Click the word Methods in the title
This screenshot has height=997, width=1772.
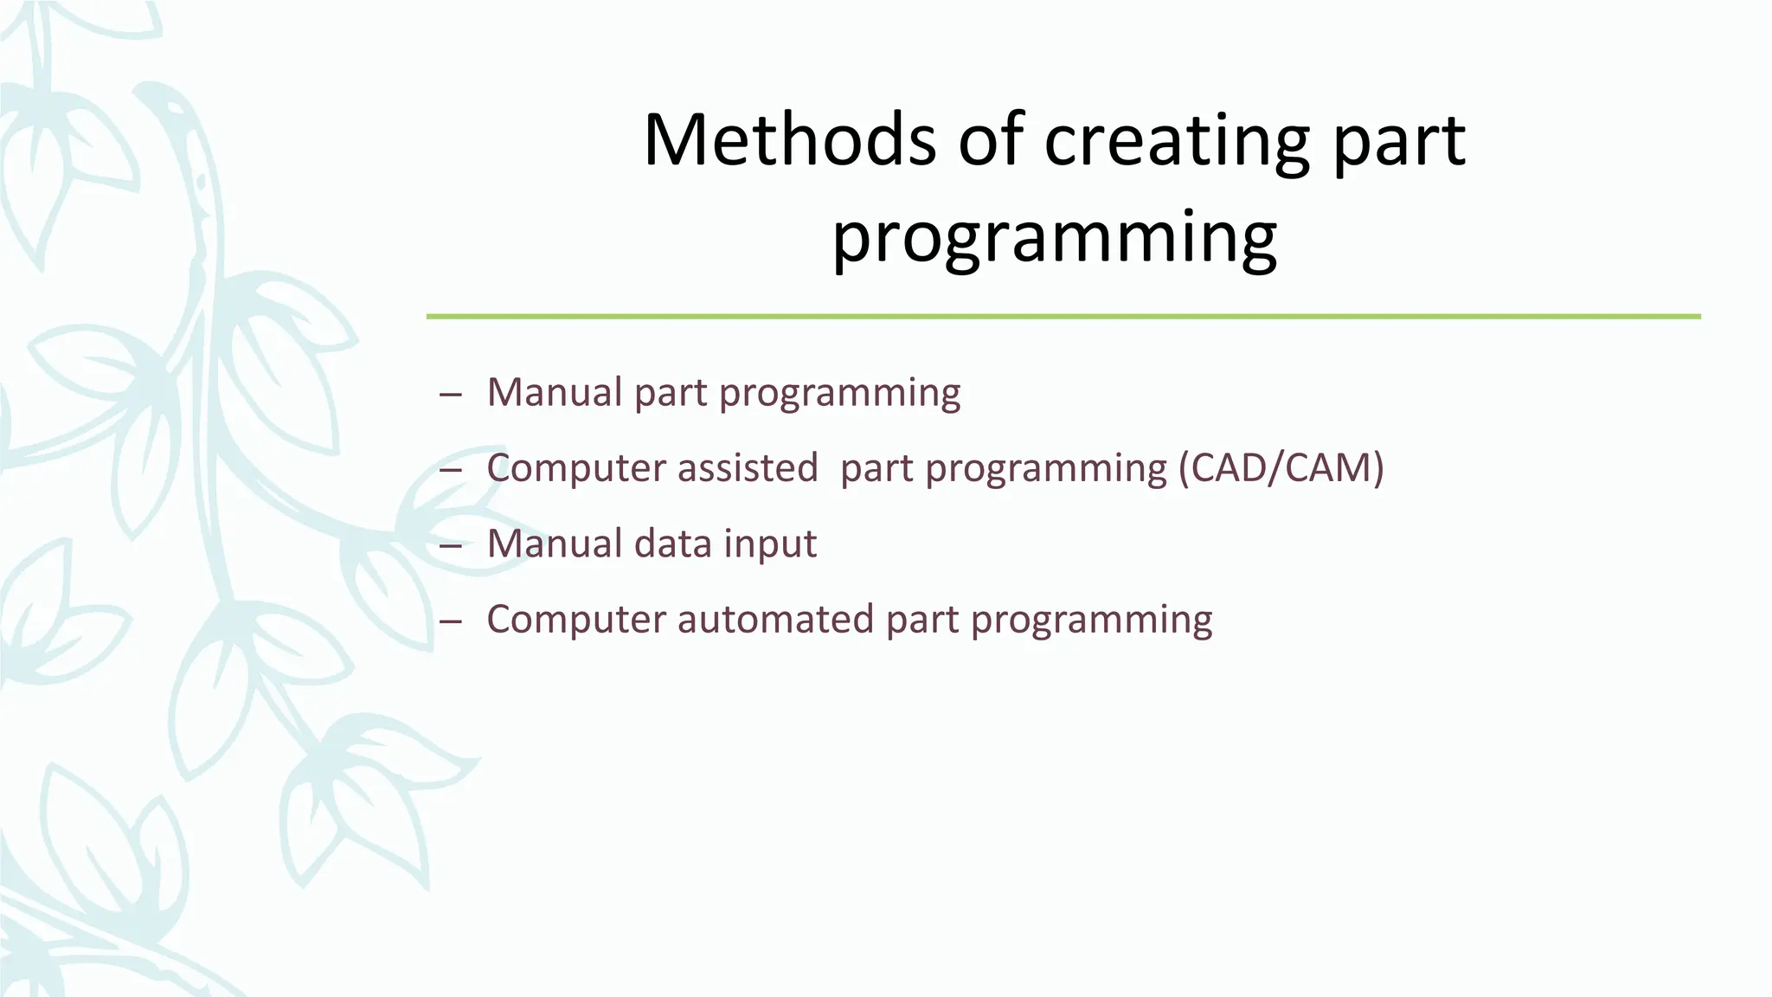point(790,140)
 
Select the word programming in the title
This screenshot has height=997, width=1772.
point(1054,237)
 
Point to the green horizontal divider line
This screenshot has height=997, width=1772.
point(1063,317)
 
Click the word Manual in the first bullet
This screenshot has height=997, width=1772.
point(554,392)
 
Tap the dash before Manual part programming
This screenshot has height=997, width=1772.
point(450,395)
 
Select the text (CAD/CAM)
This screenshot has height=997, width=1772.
point(1281,468)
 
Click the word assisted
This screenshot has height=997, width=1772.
point(748,468)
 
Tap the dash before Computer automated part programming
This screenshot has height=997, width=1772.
point(450,621)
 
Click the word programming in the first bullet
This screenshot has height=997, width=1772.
point(839,394)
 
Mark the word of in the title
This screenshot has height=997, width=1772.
point(990,140)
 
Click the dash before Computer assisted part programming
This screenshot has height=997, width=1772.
point(450,470)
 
